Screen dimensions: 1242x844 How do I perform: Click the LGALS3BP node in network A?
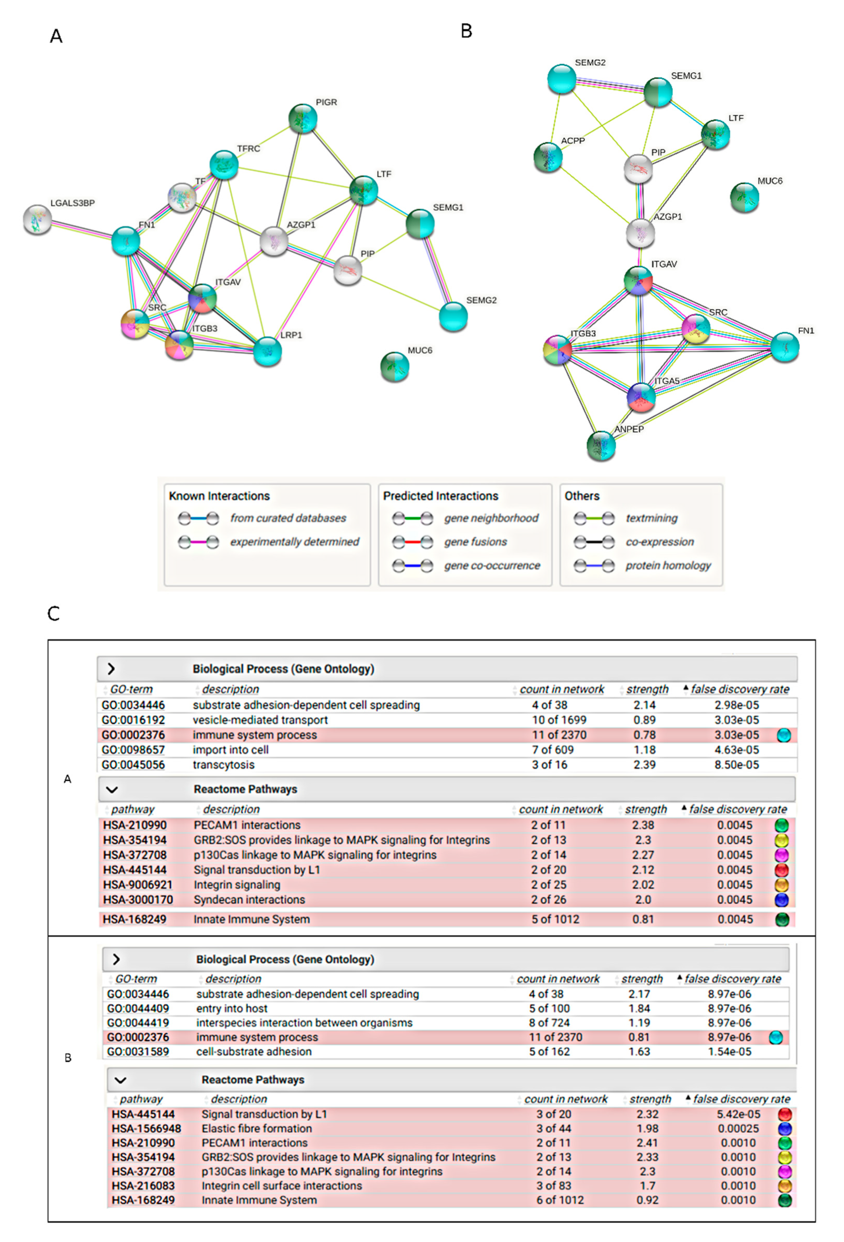pos(37,219)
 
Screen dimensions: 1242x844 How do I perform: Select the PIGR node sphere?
pos(303,119)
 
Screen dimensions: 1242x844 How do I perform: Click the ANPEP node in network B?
pos(601,446)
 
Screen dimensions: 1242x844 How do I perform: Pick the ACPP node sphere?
pos(548,157)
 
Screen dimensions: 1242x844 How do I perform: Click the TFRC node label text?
pos(248,149)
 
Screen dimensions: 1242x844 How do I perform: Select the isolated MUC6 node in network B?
pos(744,198)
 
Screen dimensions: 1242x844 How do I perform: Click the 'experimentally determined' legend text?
pos(295,541)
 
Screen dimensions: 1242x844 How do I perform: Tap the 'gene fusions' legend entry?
pos(475,541)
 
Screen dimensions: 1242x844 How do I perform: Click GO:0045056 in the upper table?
pos(133,765)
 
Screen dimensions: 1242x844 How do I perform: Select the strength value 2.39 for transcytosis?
pos(644,765)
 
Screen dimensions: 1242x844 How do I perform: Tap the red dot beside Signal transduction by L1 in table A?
pos(782,870)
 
